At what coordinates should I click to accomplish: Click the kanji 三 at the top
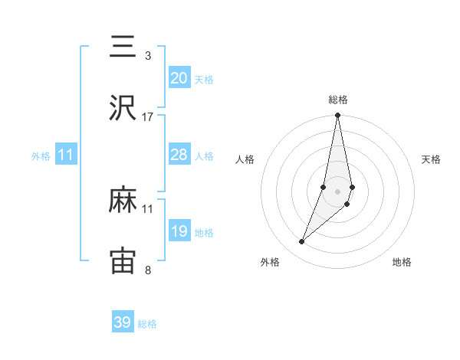[x=123, y=47]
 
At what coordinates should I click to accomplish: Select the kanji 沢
[x=123, y=109]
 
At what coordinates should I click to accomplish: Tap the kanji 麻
[x=123, y=201]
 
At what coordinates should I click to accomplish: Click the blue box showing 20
[x=179, y=78]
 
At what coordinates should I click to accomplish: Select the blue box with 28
[x=179, y=155]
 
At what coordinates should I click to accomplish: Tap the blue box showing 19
[x=179, y=231]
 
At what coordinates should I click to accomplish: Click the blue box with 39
[x=123, y=322]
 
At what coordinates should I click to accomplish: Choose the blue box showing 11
[x=66, y=155]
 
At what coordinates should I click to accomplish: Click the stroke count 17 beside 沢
[x=148, y=117]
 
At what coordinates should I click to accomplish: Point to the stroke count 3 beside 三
[x=148, y=56]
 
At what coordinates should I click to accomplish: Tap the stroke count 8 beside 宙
[x=148, y=270]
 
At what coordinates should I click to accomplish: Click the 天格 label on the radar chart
[x=431, y=159]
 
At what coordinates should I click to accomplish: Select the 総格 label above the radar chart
[x=337, y=100]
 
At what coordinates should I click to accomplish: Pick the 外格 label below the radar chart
[x=270, y=262]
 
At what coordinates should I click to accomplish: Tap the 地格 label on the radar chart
[x=402, y=262]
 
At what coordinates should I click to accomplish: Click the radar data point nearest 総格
[x=337, y=116]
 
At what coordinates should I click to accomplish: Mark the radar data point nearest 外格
[x=301, y=242]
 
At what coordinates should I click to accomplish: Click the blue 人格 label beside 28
[x=204, y=155]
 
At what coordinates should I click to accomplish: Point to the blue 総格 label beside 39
[x=147, y=324]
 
